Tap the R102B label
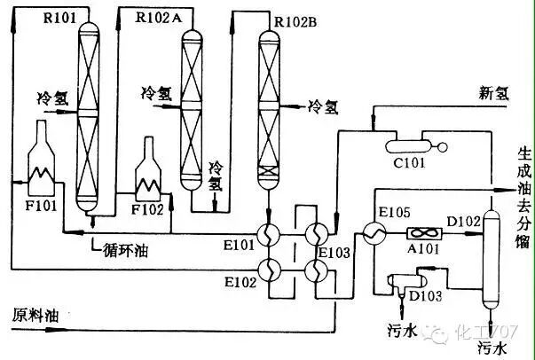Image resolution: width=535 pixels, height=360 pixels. (x=295, y=20)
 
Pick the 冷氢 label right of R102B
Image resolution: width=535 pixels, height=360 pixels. (x=323, y=106)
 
